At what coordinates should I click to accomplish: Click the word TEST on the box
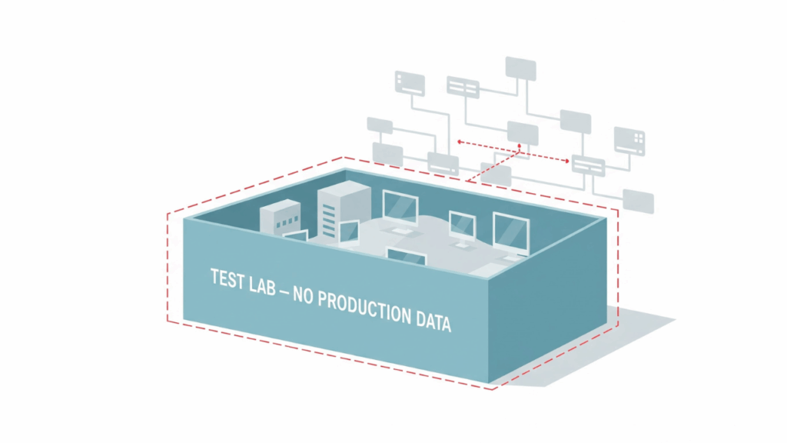click(228, 279)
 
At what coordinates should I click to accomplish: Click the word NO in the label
click(304, 293)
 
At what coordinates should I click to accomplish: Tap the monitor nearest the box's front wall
click(407, 257)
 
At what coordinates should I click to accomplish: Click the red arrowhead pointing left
click(460, 142)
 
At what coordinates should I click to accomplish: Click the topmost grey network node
click(520, 67)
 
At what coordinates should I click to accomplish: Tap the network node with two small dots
click(410, 83)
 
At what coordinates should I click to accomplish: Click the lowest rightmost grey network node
click(639, 201)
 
